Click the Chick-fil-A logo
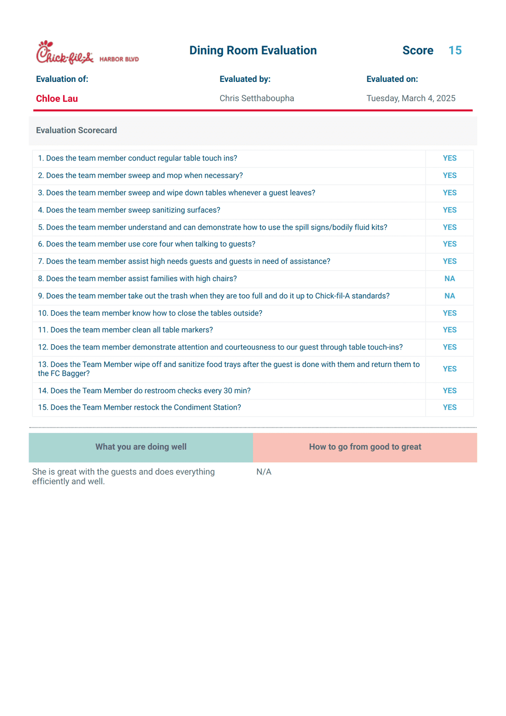[x=64, y=53]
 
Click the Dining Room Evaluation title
[x=253, y=50]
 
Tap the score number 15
[x=455, y=50]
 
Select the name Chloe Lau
[x=57, y=98]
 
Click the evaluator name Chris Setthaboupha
[x=256, y=98]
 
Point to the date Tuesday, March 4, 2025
[x=411, y=98]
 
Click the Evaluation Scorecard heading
[x=76, y=130]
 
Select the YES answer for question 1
[x=449, y=159]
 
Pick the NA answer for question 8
[x=449, y=279]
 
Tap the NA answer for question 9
[x=449, y=296]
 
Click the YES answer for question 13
[x=449, y=369]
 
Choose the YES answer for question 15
[x=449, y=408]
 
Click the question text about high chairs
[x=137, y=279]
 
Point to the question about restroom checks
[x=144, y=391]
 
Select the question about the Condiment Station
[x=139, y=408]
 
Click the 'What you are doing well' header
[x=141, y=447]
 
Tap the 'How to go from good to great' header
[x=365, y=447]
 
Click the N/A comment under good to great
[x=264, y=472]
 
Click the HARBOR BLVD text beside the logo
[x=119, y=60]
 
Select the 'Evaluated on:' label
[x=392, y=79]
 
